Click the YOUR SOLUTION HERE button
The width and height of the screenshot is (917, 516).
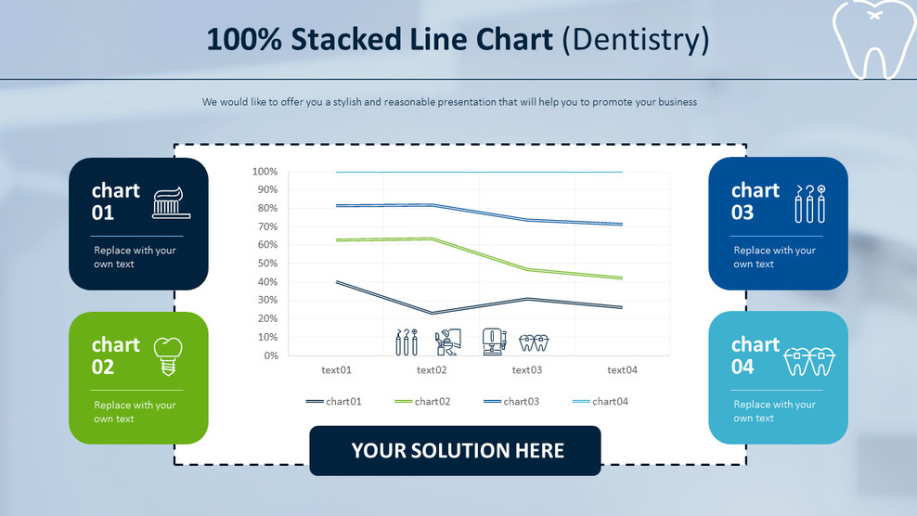click(455, 451)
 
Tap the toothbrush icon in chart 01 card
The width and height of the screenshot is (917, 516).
click(171, 203)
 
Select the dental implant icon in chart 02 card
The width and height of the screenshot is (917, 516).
click(166, 355)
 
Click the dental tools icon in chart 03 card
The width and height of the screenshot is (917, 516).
click(809, 203)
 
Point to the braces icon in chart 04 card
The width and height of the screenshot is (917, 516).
click(810, 360)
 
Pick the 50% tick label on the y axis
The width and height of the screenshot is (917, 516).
click(265, 264)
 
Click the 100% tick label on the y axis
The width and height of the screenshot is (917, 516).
click(265, 172)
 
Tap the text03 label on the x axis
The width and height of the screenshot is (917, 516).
click(527, 370)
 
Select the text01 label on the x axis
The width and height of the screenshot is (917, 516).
click(336, 370)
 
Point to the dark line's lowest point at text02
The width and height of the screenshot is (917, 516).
click(432, 313)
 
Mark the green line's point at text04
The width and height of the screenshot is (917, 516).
click(621, 277)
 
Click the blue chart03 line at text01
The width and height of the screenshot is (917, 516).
click(337, 205)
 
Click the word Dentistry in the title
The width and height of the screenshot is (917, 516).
click(636, 40)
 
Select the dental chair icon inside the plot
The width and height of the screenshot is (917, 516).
click(448, 342)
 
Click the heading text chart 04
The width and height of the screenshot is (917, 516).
click(756, 355)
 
